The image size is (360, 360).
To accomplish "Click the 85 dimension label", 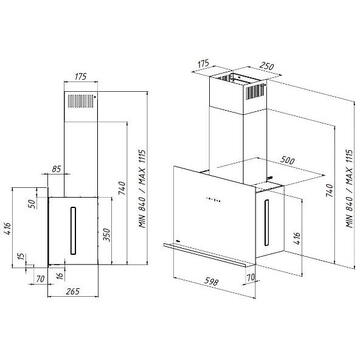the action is (x=56, y=169).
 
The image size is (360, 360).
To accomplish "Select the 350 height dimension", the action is (x=107, y=235).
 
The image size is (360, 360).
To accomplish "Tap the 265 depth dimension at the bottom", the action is (x=73, y=291).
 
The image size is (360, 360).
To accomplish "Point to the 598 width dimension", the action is (x=211, y=282).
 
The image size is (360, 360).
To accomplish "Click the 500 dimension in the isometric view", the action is (x=287, y=160).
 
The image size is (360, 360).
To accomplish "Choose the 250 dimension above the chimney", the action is (x=267, y=66).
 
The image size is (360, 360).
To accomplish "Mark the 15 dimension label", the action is (x=20, y=257).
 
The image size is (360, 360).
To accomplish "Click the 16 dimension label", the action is (x=61, y=277).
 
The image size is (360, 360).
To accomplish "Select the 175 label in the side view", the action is (x=80, y=77).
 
